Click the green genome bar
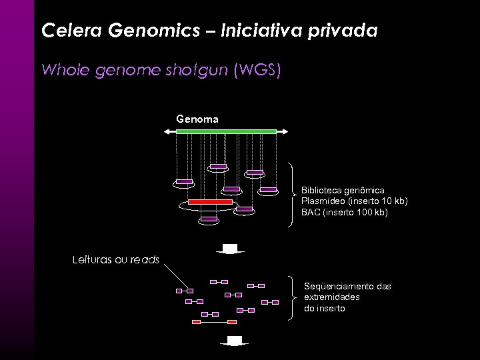tap(226, 131)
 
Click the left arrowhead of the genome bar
tap(167, 131)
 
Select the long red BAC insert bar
tap(210, 201)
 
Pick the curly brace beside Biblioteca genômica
tap(292, 195)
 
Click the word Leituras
tap(92, 259)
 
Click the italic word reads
tap(145, 259)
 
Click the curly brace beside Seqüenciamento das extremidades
tap(292, 297)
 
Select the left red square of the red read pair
tap(196, 321)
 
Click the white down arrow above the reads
tap(230, 249)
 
